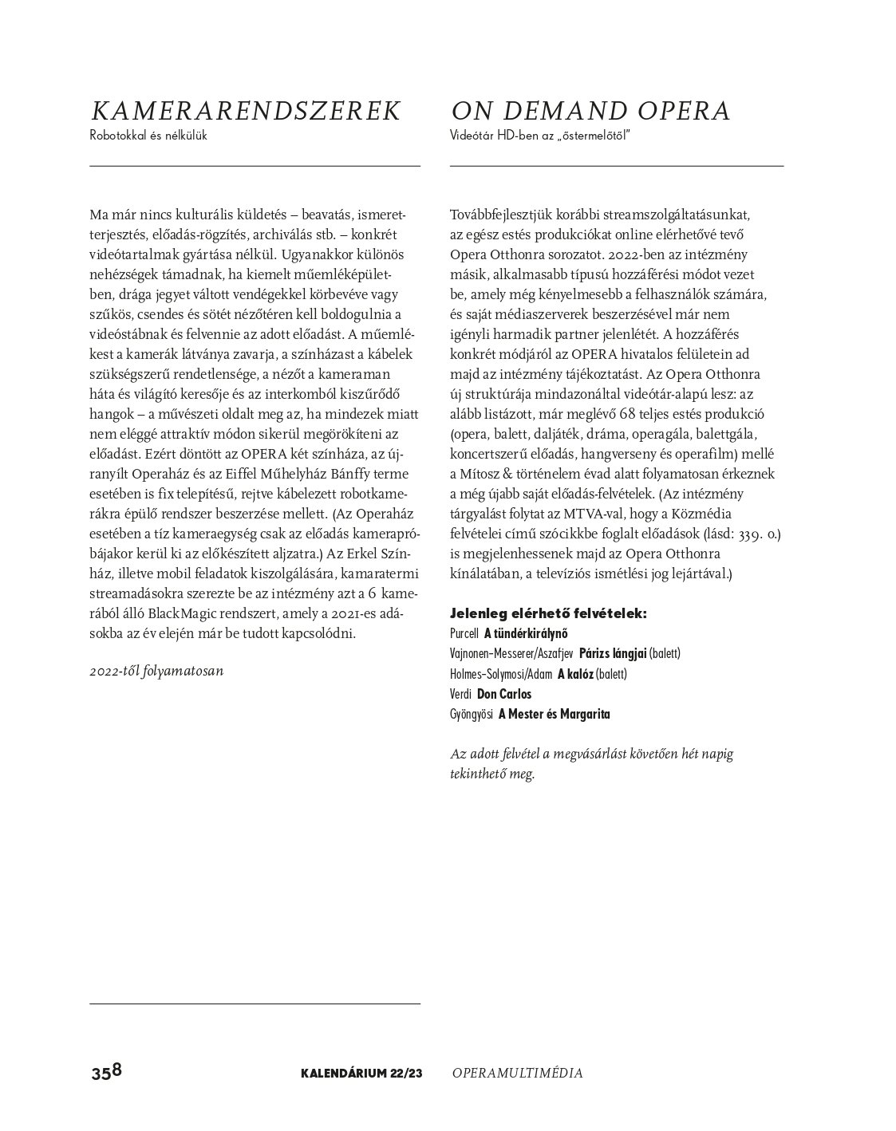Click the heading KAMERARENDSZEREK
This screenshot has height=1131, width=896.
245,111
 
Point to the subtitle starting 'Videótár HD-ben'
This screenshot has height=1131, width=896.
540,136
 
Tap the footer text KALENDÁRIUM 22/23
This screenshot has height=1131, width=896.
361,1073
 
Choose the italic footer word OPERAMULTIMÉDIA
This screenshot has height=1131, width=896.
517,1073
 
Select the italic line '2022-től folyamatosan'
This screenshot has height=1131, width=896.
156,670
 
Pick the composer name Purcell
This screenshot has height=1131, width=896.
464,634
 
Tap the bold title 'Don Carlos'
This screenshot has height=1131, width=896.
503,694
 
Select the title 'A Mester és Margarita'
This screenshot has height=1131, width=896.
554,714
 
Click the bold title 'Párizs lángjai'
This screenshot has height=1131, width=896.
612,654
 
